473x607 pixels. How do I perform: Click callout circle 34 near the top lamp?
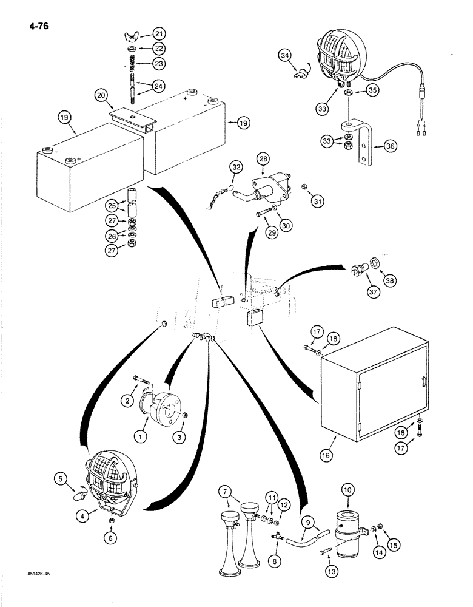pyautogui.click(x=285, y=57)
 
